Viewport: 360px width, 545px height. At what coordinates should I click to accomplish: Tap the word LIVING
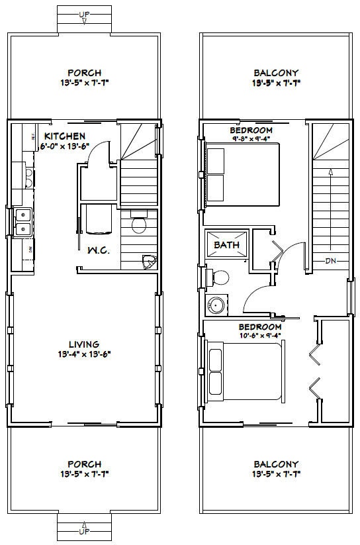click(x=84, y=344)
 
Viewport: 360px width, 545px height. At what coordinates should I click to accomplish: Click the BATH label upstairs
click(x=226, y=244)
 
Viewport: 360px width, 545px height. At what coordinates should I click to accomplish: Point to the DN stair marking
click(x=332, y=260)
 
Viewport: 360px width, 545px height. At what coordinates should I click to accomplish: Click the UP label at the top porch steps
click(x=84, y=14)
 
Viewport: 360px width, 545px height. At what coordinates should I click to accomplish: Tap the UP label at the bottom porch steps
click(x=84, y=531)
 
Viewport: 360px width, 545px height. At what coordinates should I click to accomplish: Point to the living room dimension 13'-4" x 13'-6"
click(x=84, y=354)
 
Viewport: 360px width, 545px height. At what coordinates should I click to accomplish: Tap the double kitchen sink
click(x=22, y=222)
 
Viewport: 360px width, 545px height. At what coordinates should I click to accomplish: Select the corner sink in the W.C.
click(x=149, y=262)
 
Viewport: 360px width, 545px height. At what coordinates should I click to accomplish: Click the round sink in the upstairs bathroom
click(x=216, y=305)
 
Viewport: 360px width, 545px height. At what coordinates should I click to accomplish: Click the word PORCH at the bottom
click(x=84, y=464)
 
